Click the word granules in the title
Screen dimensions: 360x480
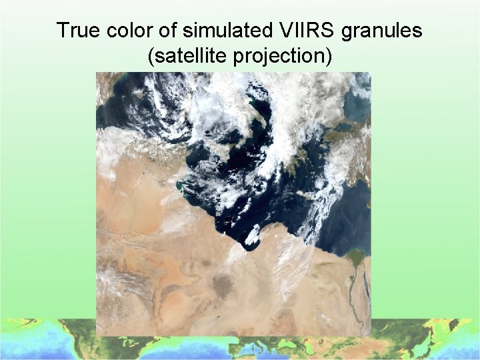(383, 31)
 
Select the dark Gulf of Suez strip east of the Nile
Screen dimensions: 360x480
(367, 270)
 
